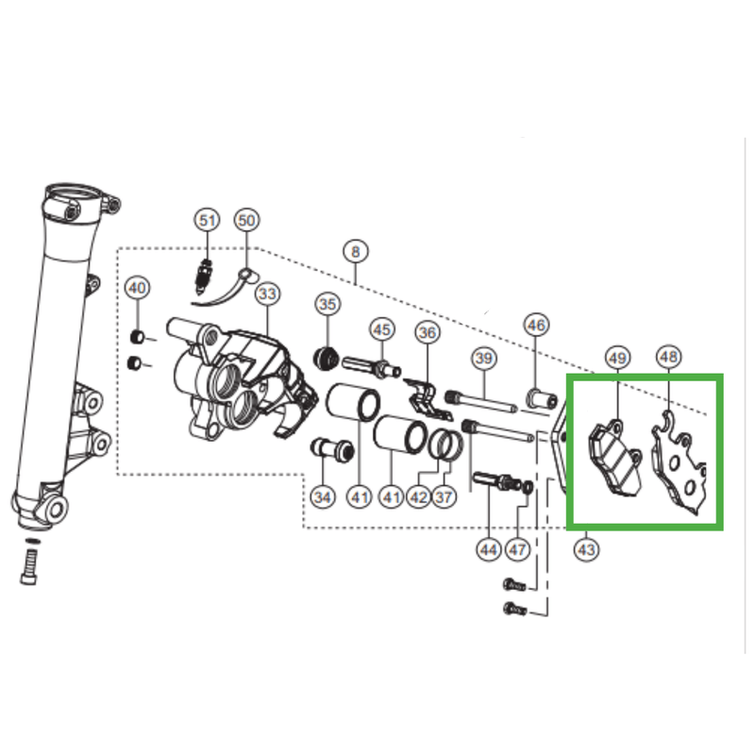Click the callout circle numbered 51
click(x=208, y=220)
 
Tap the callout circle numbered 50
click(x=245, y=220)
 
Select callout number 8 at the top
click(x=356, y=251)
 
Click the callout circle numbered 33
click(x=267, y=294)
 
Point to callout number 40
click(x=137, y=287)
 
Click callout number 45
click(x=381, y=329)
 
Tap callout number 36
click(x=428, y=332)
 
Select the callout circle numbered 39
click(x=484, y=358)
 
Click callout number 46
click(x=536, y=326)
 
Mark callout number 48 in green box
click(x=668, y=357)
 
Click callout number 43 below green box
click(x=587, y=546)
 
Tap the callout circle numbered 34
click(x=323, y=496)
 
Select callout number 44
click(x=488, y=547)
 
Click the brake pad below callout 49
click(x=613, y=457)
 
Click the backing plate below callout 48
click(x=681, y=467)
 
